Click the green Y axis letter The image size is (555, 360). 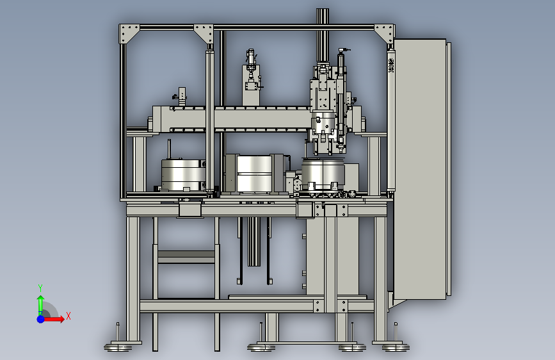[x=40, y=288]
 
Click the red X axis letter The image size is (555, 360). [x=68, y=316]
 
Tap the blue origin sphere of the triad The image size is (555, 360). [x=41, y=319]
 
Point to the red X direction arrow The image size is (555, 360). [x=54, y=319]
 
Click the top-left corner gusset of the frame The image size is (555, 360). [x=129, y=34]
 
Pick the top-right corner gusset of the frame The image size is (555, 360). [x=384, y=34]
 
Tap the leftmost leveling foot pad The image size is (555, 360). [x=118, y=348]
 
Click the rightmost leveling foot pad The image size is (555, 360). [x=396, y=347]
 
